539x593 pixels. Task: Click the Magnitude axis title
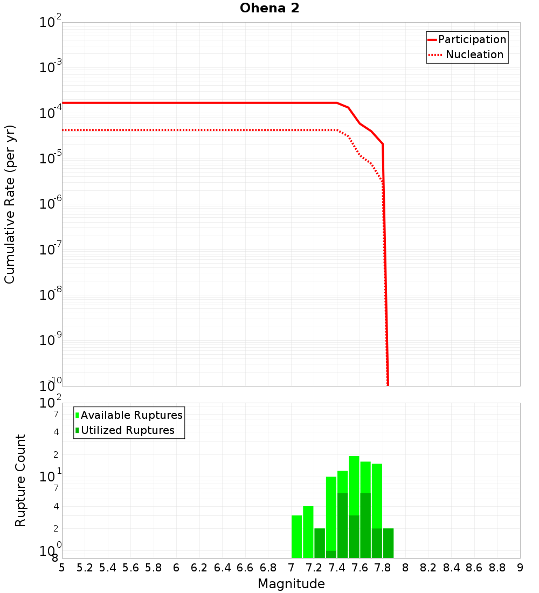coord(291,584)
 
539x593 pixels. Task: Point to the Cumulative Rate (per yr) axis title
coord(10,204)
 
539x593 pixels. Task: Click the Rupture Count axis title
coord(20,480)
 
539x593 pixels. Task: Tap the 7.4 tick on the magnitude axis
coord(337,568)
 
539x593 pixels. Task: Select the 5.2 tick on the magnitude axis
coord(85,568)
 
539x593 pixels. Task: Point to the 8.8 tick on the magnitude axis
coord(497,568)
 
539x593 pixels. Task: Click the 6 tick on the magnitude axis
coord(176,568)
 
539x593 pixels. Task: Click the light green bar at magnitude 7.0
coord(296,536)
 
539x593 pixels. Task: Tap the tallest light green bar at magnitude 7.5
coord(354,485)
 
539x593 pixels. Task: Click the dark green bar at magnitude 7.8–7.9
coord(388,543)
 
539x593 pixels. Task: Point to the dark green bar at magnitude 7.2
coord(320,543)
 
